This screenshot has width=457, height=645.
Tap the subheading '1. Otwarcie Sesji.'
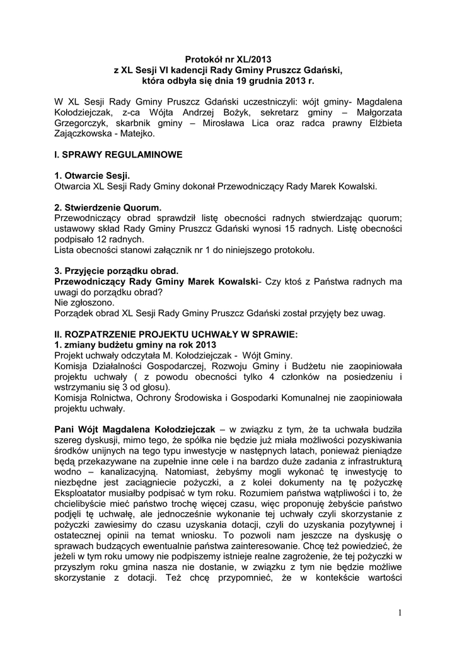coord(92,176)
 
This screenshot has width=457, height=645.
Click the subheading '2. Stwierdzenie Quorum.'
coord(108,207)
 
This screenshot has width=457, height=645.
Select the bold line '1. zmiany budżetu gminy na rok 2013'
coord(136,345)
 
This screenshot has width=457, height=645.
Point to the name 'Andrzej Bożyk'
coord(221,111)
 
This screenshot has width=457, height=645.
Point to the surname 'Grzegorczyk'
coord(84,123)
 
